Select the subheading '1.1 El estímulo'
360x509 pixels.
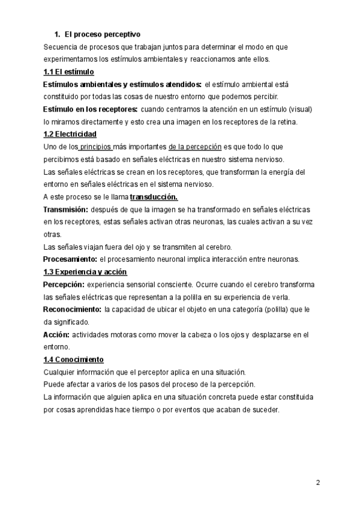(69, 72)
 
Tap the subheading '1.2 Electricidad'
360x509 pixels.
(70, 134)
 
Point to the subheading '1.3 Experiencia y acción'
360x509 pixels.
(85, 272)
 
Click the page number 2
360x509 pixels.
(319, 483)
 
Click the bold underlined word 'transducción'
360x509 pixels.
(154, 196)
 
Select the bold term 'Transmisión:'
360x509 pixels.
(66, 209)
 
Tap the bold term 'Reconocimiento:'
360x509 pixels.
(72, 309)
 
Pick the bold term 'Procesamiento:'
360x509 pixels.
(70, 259)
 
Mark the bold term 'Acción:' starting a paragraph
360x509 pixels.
(56, 334)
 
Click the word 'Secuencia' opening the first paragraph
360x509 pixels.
(60, 46)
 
